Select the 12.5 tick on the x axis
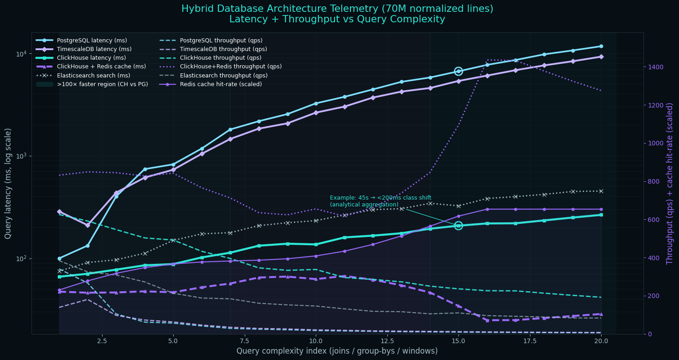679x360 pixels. coord(386,341)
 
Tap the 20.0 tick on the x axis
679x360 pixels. coord(601,341)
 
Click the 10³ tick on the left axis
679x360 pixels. coord(21,156)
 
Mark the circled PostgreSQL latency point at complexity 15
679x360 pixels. coord(458,71)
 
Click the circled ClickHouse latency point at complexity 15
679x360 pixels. coord(458,226)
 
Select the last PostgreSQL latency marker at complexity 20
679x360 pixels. coord(601,46)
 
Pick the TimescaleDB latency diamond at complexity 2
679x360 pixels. coord(87,225)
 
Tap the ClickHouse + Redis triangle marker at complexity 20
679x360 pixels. coord(601,314)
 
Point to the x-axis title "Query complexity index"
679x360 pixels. coord(337,351)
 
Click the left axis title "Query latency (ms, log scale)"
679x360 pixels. coord(8,183)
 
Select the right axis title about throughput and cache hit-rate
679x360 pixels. coord(669,183)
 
